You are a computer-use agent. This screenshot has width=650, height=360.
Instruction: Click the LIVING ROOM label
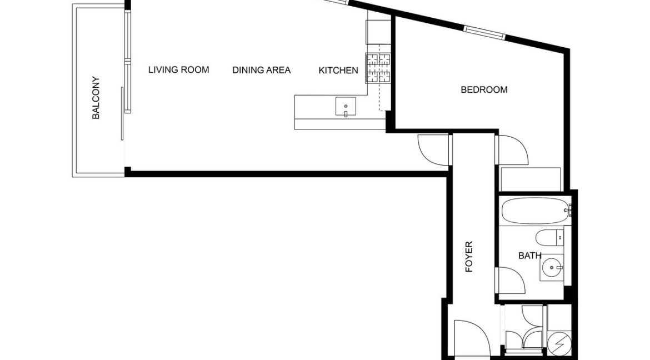(x=179, y=69)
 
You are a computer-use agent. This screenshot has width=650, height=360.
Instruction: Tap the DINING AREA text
(x=261, y=70)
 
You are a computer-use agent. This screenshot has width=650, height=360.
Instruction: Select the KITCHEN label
(x=338, y=71)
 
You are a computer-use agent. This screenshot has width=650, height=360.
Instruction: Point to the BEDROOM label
(x=484, y=89)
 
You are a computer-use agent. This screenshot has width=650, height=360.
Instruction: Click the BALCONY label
(x=96, y=98)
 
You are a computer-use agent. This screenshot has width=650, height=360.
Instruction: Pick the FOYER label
(x=469, y=257)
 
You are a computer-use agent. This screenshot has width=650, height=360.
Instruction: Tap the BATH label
(x=530, y=256)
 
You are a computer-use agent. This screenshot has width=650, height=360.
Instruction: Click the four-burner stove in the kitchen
(x=378, y=68)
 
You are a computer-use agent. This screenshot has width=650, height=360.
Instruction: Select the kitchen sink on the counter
(x=346, y=107)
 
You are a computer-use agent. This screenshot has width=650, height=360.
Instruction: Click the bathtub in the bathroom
(x=535, y=211)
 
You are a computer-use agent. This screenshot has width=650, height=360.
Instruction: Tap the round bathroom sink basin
(x=551, y=268)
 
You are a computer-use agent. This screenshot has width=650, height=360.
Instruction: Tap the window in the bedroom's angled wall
(x=484, y=33)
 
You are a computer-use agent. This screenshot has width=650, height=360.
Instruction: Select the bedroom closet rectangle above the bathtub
(x=531, y=179)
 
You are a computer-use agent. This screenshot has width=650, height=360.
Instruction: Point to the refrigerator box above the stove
(x=378, y=32)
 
